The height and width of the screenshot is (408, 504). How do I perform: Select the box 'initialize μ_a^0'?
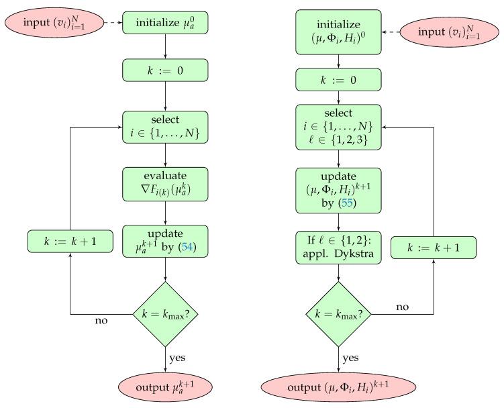[x=165, y=22]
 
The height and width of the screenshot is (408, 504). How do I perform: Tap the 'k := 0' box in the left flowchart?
[x=165, y=70]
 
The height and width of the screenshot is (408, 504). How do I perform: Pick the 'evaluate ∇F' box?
[x=165, y=180]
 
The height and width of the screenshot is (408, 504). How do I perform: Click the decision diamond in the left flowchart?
[x=165, y=313]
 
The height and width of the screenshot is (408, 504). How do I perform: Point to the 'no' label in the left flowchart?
[x=101, y=321]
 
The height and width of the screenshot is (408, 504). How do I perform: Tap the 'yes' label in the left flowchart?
[x=177, y=358]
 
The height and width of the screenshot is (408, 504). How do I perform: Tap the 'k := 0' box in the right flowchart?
[x=338, y=81]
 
